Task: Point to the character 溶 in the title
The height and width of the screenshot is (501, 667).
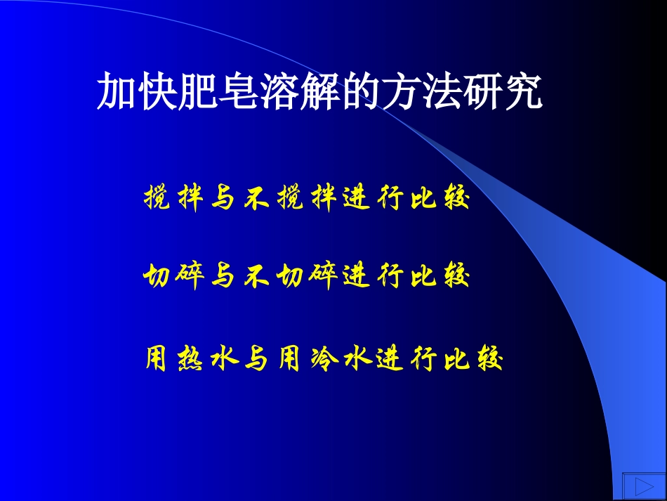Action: pyautogui.click(x=265, y=91)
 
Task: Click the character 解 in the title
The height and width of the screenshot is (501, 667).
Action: pyautogui.click(x=303, y=91)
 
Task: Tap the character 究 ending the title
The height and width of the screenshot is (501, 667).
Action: pyautogui.click(x=525, y=91)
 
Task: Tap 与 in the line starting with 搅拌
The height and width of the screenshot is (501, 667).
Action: pyautogui.click(x=223, y=200)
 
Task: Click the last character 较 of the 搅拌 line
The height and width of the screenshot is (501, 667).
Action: pyautogui.click(x=455, y=200)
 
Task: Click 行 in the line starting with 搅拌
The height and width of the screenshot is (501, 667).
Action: pyautogui.click(x=389, y=200)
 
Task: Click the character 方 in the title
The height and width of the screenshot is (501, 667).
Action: pyautogui.click(x=378, y=91)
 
